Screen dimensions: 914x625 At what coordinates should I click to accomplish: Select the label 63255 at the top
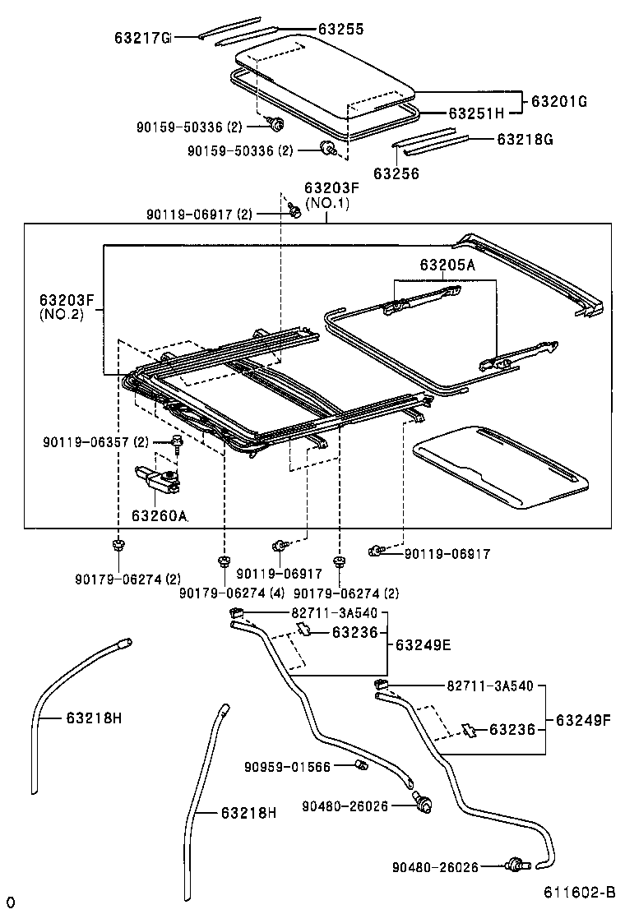click(340, 29)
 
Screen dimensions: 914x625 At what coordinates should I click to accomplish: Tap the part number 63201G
click(558, 101)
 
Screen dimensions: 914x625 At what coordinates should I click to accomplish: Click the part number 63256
click(396, 173)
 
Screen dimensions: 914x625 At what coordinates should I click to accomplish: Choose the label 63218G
click(525, 139)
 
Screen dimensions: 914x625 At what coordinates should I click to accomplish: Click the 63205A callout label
click(447, 265)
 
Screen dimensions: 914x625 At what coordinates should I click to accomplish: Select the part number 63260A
click(160, 516)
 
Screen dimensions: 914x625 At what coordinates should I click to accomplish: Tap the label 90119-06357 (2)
click(96, 442)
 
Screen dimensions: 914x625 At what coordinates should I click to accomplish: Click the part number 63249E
click(423, 644)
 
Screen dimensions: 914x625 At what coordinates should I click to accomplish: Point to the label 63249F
click(583, 720)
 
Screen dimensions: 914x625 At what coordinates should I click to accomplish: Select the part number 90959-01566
click(287, 767)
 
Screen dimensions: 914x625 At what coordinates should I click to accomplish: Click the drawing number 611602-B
click(578, 893)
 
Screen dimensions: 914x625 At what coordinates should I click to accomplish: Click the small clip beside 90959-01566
click(359, 767)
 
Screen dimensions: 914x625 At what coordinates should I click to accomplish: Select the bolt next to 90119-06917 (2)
click(294, 213)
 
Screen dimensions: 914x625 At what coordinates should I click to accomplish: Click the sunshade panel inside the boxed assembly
click(500, 467)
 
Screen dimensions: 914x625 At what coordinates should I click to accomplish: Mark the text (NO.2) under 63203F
click(61, 314)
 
